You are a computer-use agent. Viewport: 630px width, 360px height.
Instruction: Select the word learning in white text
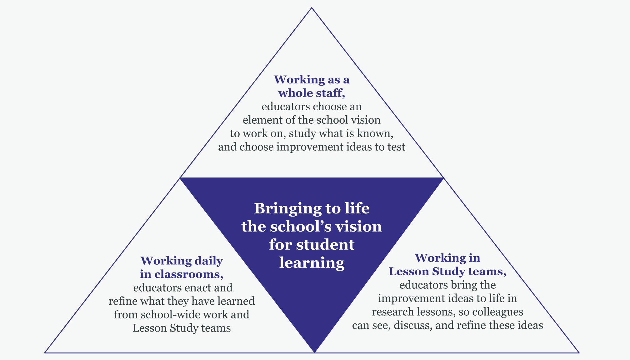tap(312, 263)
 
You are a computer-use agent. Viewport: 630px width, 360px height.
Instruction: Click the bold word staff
tap(332, 93)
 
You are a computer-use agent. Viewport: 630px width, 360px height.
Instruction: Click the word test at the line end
tap(396, 147)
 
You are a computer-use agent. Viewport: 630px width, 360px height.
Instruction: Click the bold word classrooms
tap(188, 274)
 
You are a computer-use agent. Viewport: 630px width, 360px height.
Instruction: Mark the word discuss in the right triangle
tap(413, 325)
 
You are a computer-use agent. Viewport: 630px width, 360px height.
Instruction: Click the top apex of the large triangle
tap(312, 8)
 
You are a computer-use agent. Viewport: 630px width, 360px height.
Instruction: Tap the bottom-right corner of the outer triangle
tap(579, 353)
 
